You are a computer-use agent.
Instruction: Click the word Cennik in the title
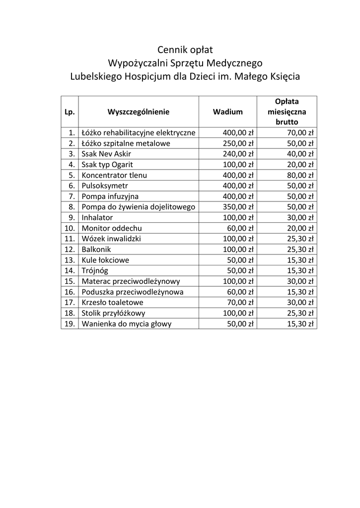171,50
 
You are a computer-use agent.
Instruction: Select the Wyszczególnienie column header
139,112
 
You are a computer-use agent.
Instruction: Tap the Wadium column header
228,112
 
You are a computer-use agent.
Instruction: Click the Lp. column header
70,112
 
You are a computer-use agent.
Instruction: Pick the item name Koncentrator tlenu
114,175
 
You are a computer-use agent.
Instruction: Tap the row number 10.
70,228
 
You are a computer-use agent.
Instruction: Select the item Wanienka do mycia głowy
127,324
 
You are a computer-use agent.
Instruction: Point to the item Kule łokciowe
105,260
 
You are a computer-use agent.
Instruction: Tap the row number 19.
70,324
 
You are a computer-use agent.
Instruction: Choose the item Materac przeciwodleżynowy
131,281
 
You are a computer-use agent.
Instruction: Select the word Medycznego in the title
236,63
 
